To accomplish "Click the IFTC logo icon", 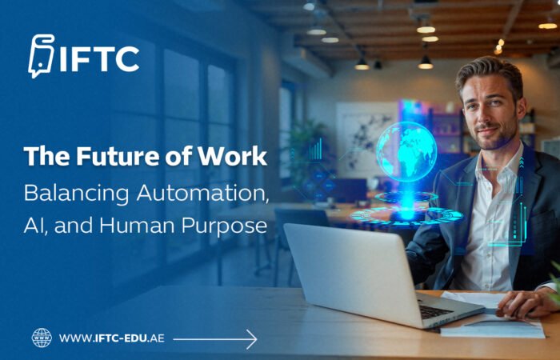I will coord(41,57).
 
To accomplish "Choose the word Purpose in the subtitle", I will coord(228,227).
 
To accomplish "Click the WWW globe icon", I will coord(41,338).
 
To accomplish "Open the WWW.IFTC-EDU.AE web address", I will coord(112,338).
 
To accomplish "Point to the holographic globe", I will coord(406,151).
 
